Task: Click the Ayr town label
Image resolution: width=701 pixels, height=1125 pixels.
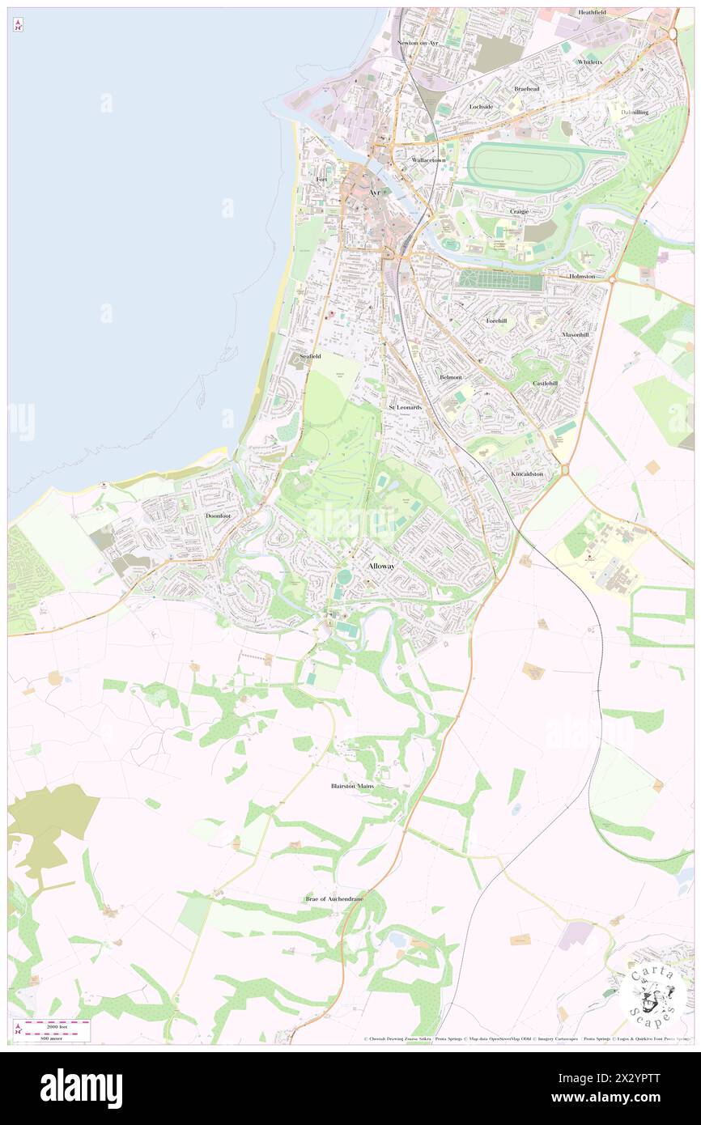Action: pyautogui.click(x=373, y=193)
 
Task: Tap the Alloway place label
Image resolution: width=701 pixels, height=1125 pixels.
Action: pyautogui.click(x=381, y=566)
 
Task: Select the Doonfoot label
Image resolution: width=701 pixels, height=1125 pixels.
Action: pyautogui.click(x=219, y=516)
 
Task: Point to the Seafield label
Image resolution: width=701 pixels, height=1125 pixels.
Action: pyautogui.click(x=310, y=356)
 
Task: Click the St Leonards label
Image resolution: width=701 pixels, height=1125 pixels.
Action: pyautogui.click(x=405, y=407)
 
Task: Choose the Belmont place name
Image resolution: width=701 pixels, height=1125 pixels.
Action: pyautogui.click(x=450, y=377)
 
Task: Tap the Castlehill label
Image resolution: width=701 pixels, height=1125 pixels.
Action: pyautogui.click(x=545, y=383)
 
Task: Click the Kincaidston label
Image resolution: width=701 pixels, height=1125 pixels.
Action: pyautogui.click(x=526, y=473)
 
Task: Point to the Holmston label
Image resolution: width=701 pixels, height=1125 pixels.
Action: pyautogui.click(x=581, y=276)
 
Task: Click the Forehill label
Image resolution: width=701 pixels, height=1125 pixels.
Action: pyautogui.click(x=496, y=321)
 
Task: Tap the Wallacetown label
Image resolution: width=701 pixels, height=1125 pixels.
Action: pyautogui.click(x=428, y=160)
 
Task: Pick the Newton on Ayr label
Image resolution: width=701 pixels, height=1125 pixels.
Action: pyautogui.click(x=418, y=43)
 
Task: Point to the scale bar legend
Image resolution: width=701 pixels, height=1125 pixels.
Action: pyautogui.click(x=56, y=1029)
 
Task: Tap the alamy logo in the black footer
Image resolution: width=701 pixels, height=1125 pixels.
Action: pyautogui.click(x=82, y=1089)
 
